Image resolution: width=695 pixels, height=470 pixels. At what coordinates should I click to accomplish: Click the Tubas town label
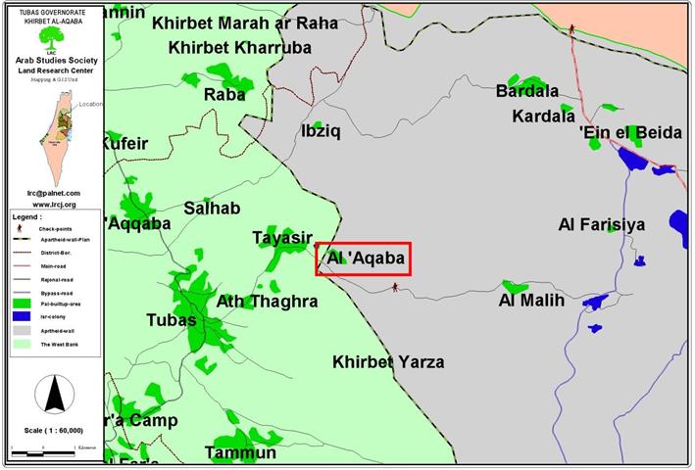click(171, 320)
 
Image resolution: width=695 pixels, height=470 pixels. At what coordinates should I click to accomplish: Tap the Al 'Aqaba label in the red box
click(364, 259)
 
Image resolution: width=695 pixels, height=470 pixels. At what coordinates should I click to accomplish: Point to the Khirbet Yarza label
click(388, 362)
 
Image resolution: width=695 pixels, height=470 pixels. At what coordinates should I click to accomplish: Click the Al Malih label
click(532, 301)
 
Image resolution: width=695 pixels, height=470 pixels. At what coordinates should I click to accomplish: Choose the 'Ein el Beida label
click(630, 133)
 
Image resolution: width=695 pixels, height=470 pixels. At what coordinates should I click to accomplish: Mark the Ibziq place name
click(321, 131)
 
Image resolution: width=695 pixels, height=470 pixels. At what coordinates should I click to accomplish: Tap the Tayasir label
click(281, 238)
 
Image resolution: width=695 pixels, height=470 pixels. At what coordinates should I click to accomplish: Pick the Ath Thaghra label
click(267, 302)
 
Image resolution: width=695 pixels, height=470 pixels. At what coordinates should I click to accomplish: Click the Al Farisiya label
click(602, 225)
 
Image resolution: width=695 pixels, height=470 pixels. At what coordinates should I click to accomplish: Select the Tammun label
click(240, 452)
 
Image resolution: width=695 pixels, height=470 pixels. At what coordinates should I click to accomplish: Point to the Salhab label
click(212, 209)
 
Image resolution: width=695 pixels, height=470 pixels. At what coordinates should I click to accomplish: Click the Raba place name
click(224, 95)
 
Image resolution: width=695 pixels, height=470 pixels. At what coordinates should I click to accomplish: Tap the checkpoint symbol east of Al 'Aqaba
click(395, 287)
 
